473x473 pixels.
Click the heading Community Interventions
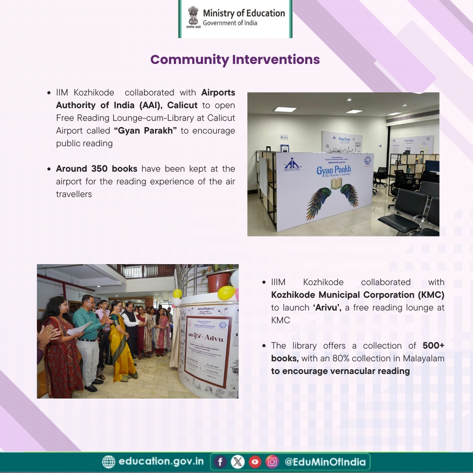[235, 60]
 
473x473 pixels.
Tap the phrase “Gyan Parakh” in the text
[145, 131]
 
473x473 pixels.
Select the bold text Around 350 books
[96, 169]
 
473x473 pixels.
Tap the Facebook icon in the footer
[220, 462]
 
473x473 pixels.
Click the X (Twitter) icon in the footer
[237, 462]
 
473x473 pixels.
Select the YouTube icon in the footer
[255, 462]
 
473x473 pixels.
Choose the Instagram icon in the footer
[272, 462]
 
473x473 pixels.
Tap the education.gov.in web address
[161, 462]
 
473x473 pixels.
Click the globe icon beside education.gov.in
[108, 462]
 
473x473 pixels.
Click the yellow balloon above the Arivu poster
[226, 293]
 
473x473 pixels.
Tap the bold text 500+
[434, 346]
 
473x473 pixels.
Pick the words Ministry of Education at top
[244, 13]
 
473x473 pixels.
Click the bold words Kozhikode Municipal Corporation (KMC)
[358, 295]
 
